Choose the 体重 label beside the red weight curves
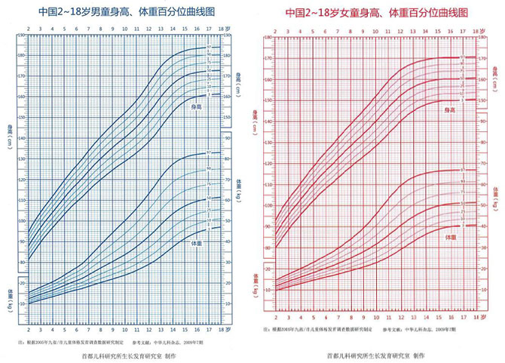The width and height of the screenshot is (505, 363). (448, 237)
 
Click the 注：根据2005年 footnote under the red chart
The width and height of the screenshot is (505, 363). (324, 331)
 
